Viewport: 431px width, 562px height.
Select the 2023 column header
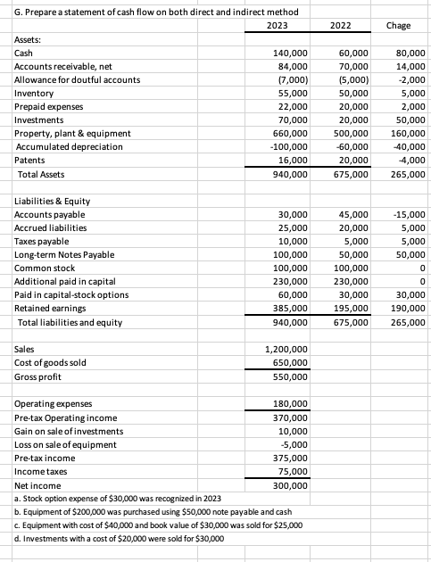click(278, 26)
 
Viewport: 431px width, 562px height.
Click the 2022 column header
click(339, 26)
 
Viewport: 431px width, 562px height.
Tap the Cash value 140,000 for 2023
click(289, 54)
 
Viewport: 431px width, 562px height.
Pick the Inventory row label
click(35, 94)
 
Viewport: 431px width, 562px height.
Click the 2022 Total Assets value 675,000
click(350, 174)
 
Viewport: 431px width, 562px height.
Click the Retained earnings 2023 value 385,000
click(289, 308)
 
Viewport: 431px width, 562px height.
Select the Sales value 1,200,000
click(286, 349)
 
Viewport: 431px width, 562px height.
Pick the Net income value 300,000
click(289, 485)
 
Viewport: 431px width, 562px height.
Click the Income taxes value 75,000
click(292, 471)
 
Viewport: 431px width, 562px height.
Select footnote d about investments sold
click(118, 539)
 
